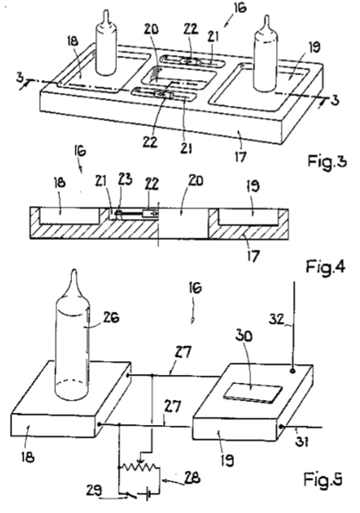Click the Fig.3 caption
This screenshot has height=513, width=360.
pyautogui.click(x=326, y=162)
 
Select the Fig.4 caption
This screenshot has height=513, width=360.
pyautogui.click(x=325, y=267)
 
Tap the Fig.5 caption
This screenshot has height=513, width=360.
pyautogui.click(x=323, y=479)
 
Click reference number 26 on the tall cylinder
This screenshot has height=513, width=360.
pyautogui.click(x=111, y=317)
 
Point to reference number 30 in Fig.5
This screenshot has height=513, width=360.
pyautogui.click(x=244, y=336)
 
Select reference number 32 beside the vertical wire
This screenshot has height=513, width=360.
pyautogui.click(x=276, y=318)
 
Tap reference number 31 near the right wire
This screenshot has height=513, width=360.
pyautogui.click(x=301, y=442)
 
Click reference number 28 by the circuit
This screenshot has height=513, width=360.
pyautogui.click(x=192, y=478)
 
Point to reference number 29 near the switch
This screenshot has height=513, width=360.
pyautogui.click(x=94, y=490)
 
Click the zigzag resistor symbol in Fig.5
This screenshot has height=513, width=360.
pyautogui.click(x=140, y=467)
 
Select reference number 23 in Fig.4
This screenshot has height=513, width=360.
pyautogui.click(x=126, y=179)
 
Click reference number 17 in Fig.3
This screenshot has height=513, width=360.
pyautogui.click(x=240, y=158)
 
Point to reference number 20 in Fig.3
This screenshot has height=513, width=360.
pyautogui.click(x=151, y=29)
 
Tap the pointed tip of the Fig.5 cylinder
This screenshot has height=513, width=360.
pyautogui.click(x=74, y=270)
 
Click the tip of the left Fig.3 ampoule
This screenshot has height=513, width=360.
pyautogui.click(x=106, y=11)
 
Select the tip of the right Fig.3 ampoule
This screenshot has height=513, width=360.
pyautogui.click(x=267, y=15)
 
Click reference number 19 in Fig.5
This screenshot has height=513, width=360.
pyautogui.click(x=228, y=460)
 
